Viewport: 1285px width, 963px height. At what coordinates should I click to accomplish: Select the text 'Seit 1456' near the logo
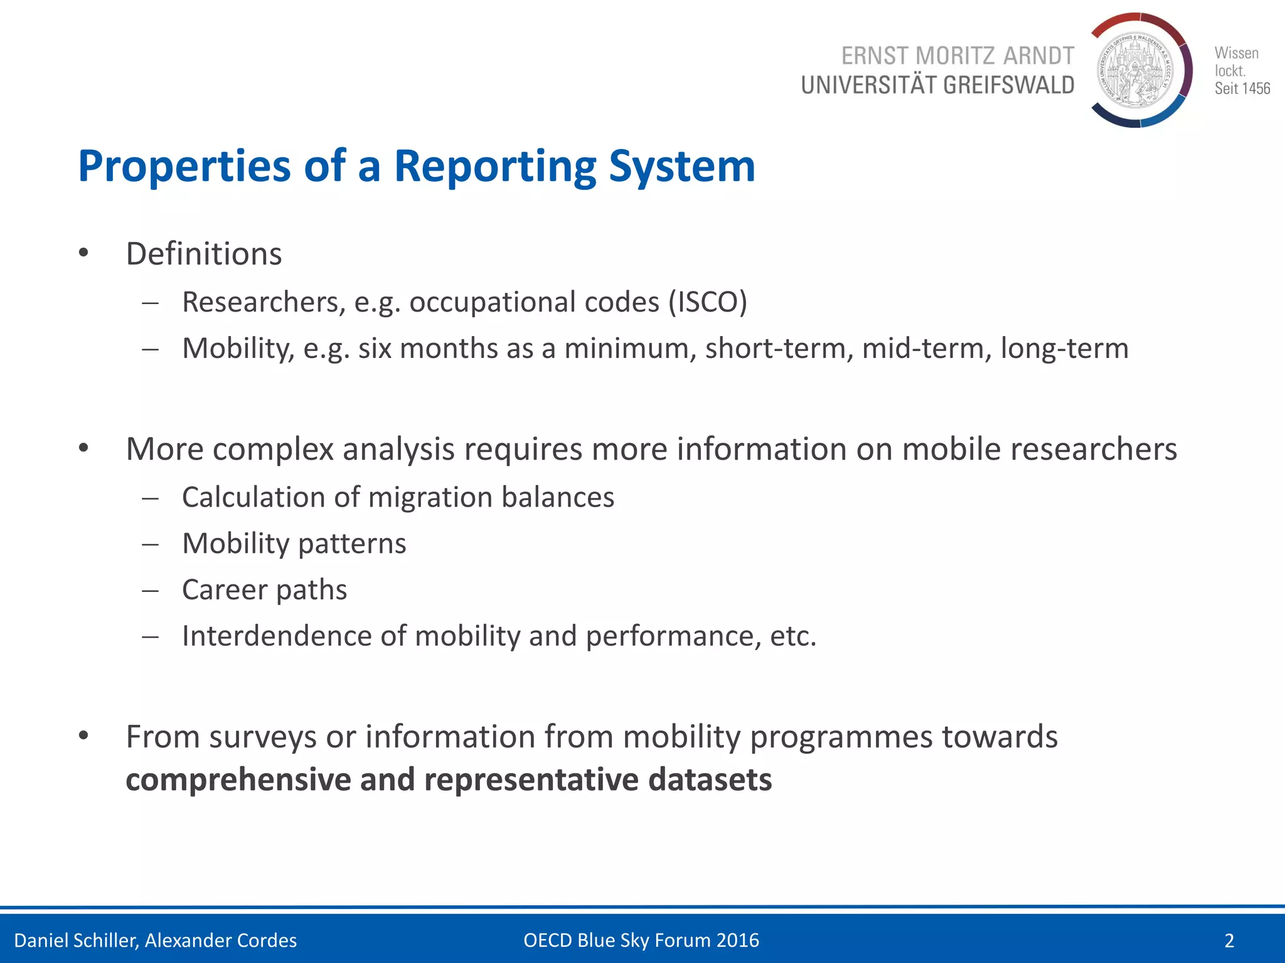pos(1242,88)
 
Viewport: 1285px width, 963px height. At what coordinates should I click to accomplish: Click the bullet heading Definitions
pos(204,254)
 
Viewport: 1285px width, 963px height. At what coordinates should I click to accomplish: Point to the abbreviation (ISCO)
pos(707,302)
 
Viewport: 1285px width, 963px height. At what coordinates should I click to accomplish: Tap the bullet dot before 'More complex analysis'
pos(83,448)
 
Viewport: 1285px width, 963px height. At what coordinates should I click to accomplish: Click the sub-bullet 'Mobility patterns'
pos(294,544)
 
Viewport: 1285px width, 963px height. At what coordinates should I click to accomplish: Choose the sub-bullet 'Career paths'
pos(264,590)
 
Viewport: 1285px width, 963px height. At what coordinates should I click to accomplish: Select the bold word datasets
pos(710,779)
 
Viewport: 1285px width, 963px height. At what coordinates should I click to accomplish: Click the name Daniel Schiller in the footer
pos(75,940)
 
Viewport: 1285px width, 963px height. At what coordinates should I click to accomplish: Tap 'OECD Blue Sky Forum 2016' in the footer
pos(641,940)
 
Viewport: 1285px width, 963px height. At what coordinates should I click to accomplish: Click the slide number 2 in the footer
pos(1229,940)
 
